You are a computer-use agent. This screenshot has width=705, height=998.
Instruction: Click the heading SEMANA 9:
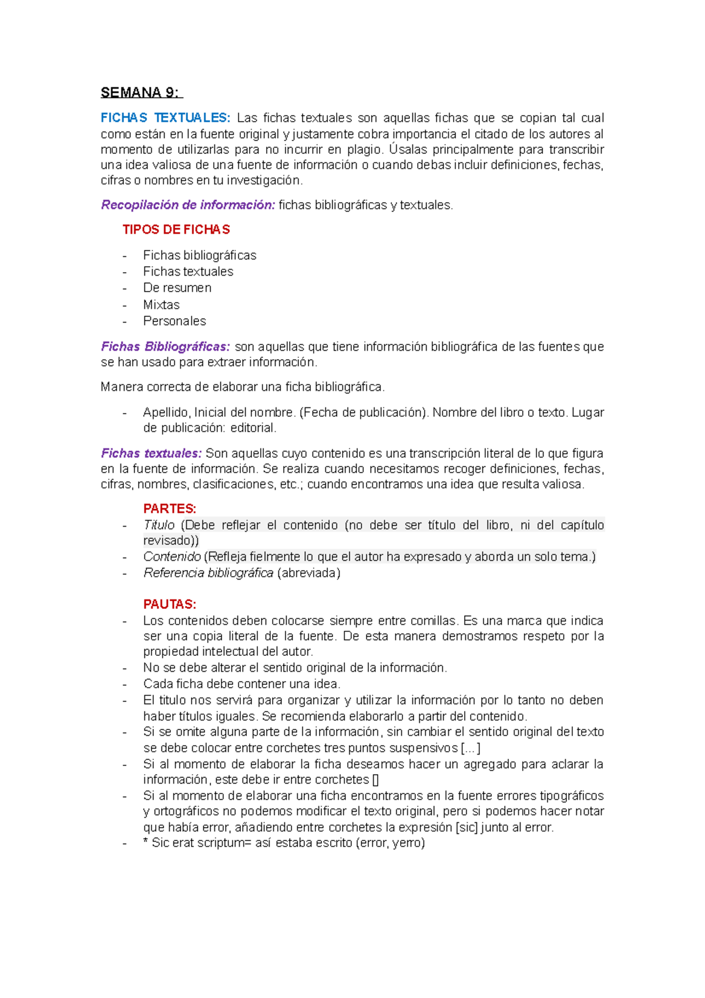coord(141,93)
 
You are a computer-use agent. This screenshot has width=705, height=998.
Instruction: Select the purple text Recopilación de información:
coord(188,205)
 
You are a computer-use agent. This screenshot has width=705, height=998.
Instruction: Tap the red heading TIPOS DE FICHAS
coord(176,230)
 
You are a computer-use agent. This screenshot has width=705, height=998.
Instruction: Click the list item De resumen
coord(177,288)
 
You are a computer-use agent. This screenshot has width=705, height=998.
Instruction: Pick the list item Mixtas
coord(161,304)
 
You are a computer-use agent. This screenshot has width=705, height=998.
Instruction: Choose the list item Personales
coord(174,321)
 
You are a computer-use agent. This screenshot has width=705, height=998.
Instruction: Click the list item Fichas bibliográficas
coord(199,255)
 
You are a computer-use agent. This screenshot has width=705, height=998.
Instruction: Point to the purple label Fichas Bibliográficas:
coord(165,347)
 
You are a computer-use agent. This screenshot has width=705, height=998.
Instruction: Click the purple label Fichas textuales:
coord(151,453)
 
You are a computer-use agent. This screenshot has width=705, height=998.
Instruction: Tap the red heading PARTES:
coord(169,509)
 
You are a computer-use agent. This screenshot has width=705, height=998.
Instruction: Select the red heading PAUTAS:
coord(169,604)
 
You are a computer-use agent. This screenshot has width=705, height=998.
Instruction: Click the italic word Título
coord(159,525)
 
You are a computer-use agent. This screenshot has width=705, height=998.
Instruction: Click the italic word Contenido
coord(172,557)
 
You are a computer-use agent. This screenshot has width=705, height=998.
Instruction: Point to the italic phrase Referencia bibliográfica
coord(208,573)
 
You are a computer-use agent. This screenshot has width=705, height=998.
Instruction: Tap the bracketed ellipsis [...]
coord(471,748)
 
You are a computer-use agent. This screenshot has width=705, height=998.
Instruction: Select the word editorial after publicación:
coord(253,428)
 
